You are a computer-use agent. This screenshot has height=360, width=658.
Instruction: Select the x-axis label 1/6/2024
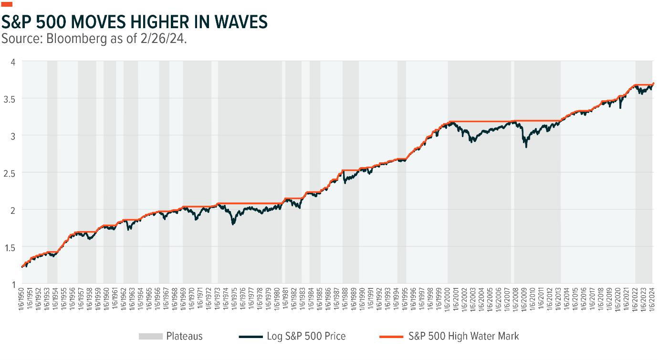[653, 300]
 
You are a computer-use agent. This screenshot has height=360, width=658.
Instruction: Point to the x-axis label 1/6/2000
[448, 300]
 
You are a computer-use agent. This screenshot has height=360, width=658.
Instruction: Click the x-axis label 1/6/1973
[218, 300]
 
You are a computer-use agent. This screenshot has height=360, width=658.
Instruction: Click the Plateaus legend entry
[184, 336]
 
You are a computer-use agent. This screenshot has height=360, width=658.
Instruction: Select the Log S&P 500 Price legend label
[305, 336]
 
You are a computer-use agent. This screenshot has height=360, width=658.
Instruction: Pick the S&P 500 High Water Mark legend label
[463, 336]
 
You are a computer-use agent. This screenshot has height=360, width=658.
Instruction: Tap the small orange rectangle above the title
[7, 4]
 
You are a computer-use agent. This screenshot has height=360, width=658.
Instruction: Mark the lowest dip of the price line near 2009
[526, 147]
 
